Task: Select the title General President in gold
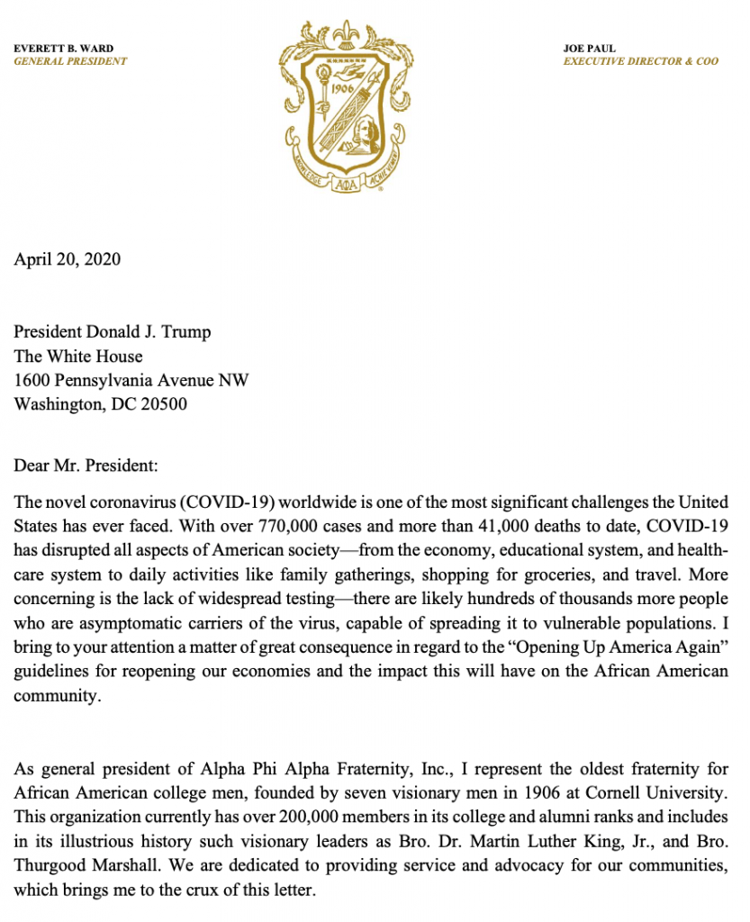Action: point(70,61)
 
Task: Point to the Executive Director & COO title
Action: point(641,61)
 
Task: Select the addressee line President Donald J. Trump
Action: point(113,332)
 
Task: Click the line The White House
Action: point(78,357)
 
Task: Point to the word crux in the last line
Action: point(197,887)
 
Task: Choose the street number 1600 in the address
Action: point(32,380)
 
